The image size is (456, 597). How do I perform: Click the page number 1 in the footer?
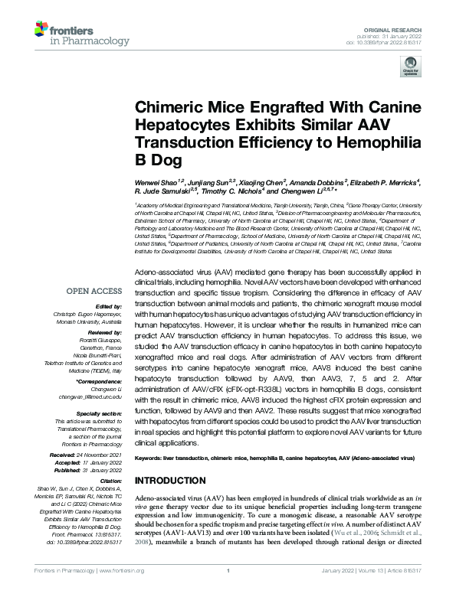click(x=228, y=590)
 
